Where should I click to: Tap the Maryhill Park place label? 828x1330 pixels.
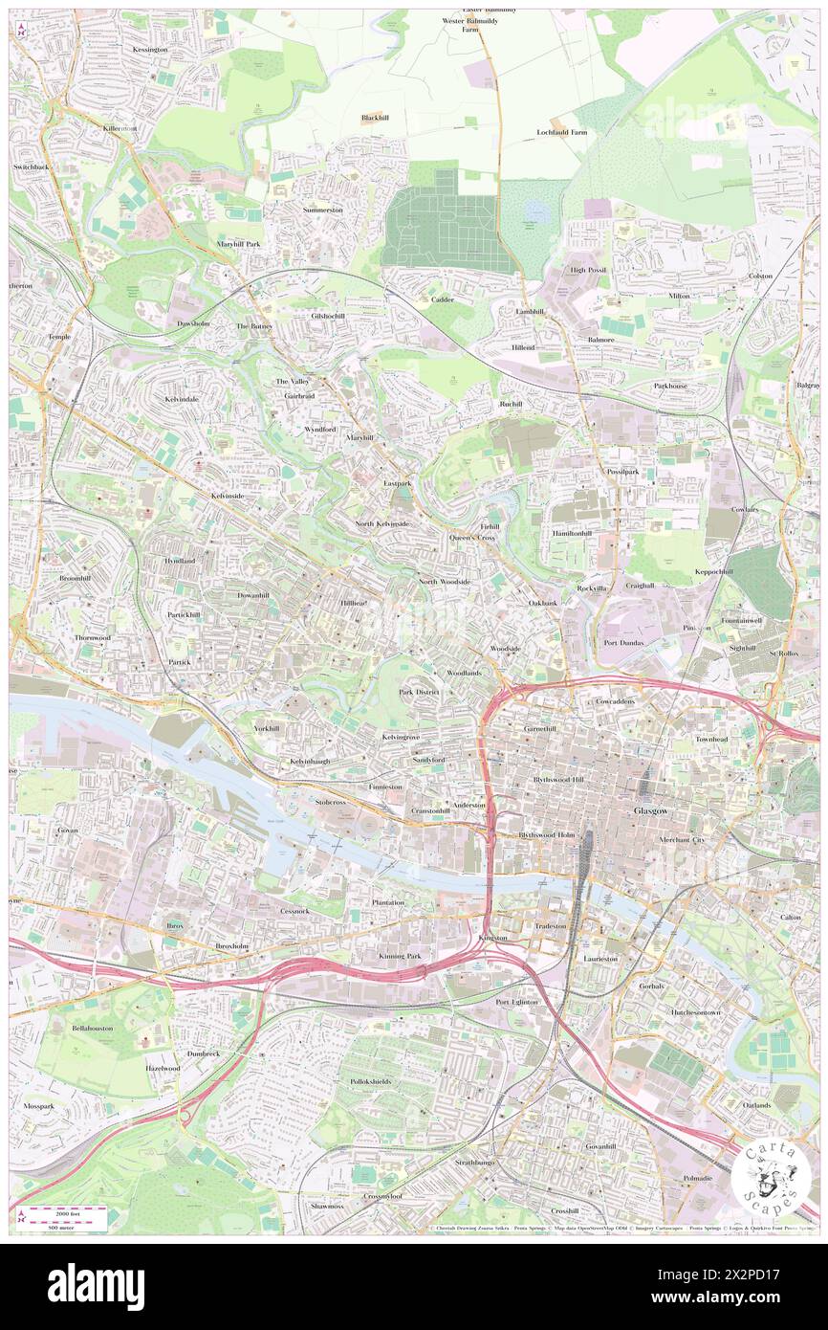click(238, 244)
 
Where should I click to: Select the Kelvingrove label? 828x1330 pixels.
click(401, 738)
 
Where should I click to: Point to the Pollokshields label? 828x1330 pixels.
click(371, 1081)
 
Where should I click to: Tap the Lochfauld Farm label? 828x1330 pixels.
click(561, 132)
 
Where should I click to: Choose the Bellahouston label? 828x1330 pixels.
click(92, 1028)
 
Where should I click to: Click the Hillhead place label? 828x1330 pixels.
click(353, 603)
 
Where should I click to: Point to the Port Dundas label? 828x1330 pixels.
click(623, 642)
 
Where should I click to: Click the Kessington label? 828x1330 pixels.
click(150, 49)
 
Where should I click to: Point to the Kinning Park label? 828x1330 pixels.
click(400, 956)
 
